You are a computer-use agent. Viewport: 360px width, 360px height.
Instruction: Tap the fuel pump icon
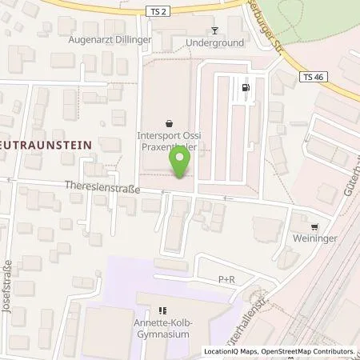tap(245, 88)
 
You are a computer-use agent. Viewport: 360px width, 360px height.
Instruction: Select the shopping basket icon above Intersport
tap(170, 124)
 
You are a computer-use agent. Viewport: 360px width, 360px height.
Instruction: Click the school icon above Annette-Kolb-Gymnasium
tap(162, 310)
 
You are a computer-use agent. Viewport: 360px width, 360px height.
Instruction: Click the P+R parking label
tap(227, 279)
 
